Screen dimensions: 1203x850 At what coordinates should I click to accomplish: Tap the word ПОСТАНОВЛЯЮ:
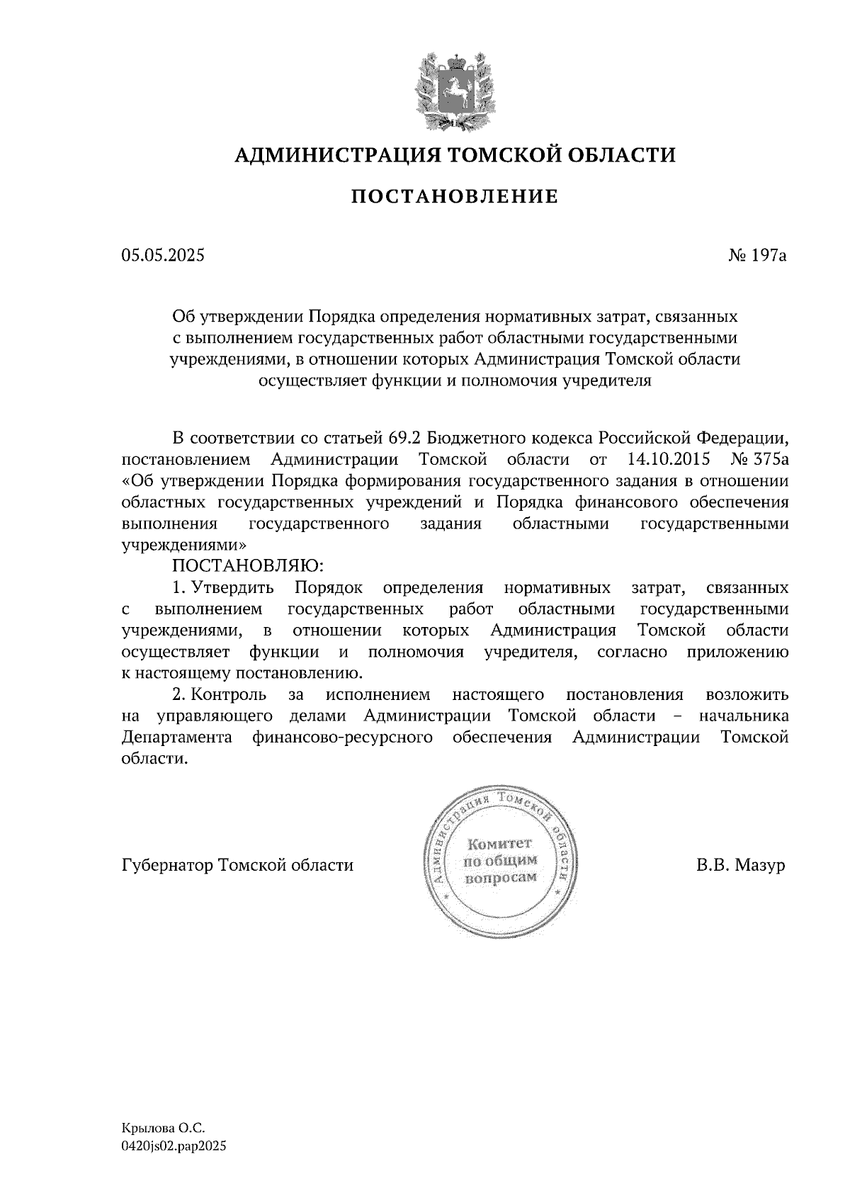tap(247, 566)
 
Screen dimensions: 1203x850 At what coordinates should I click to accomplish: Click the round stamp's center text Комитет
tap(499, 844)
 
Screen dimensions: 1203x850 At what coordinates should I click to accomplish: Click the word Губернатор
tap(167, 866)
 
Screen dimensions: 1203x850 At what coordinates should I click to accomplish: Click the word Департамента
tap(178, 738)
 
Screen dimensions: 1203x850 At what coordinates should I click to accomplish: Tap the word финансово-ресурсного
tap(342, 738)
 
